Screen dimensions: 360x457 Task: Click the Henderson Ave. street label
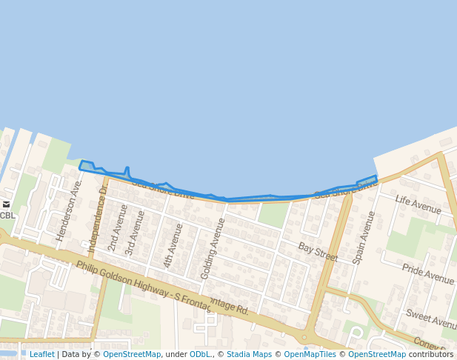tap(70, 209)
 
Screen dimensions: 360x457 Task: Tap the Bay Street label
tap(318, 252)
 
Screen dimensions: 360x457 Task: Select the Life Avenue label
tap(418, 205)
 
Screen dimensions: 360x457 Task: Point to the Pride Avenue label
tap(427, 273)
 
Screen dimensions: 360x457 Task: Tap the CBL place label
tap(7, 216)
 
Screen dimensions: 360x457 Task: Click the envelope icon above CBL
tap(7, 204)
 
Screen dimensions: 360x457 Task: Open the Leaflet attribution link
tap(41, 354)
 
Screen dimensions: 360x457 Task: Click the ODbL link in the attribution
tap(200, 354)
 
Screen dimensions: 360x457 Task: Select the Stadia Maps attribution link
tap(249, 354)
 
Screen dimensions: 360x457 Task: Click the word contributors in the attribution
tap(431, 354)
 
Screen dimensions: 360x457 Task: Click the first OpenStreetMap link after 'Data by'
tap(132, 354)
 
